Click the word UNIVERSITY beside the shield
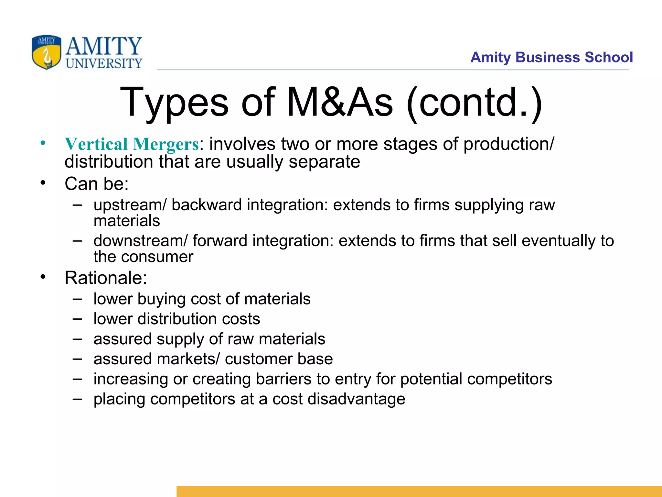(x=104, y=63)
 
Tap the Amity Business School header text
(x=551, y=58)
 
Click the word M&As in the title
(x=340, y=103)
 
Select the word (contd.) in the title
(x=474, y=103)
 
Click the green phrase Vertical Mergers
(x=132, y=144)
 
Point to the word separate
(x=324, y=162)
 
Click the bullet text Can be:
(x=97, y=184)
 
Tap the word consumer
(x=157, y=257)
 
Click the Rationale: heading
(x=106, y=278)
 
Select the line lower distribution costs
(x=176, y=319)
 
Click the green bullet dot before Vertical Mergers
(x=43, y=143)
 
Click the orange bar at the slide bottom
(x=419, y=491)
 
